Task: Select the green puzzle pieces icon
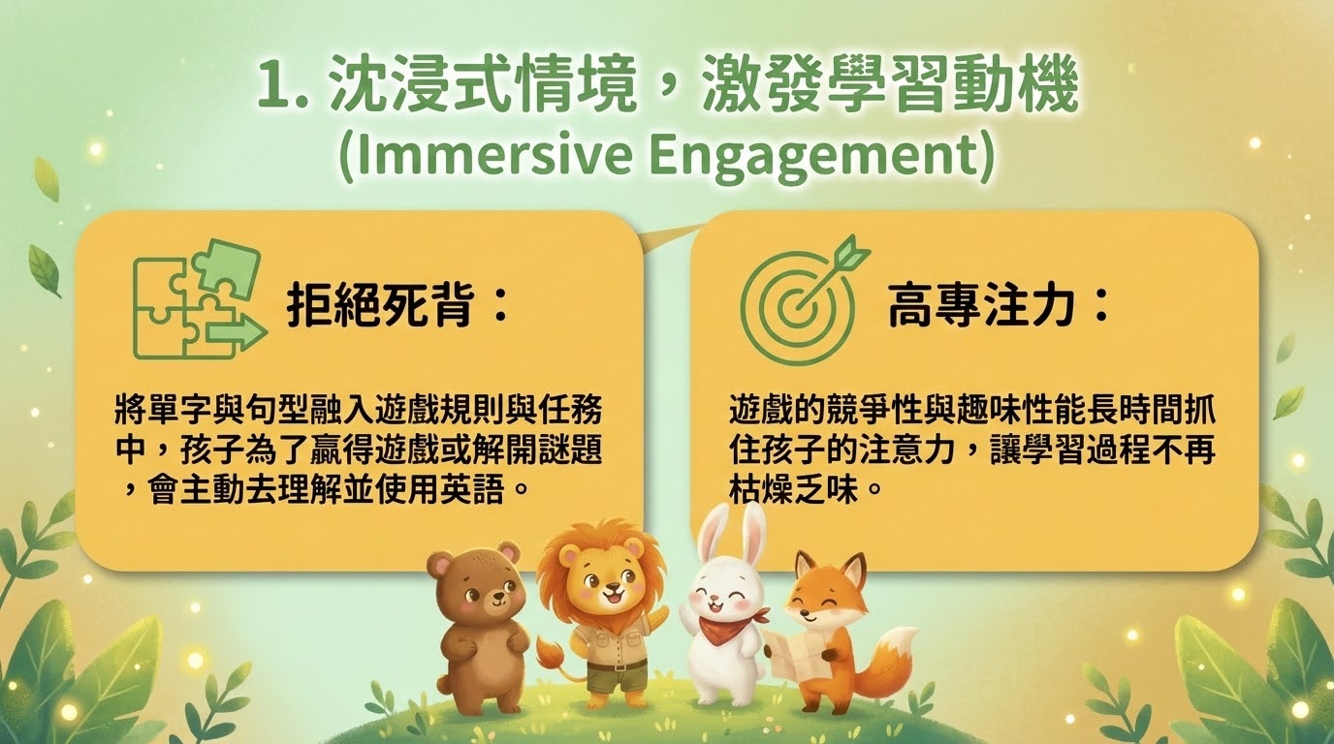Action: coord(199,299)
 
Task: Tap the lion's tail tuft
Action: coord(549,653)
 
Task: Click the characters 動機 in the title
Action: coord(1015,86)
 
